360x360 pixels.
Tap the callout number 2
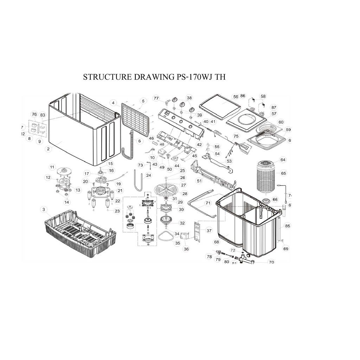[48, 149]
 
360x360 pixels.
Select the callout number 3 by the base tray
[44, 210]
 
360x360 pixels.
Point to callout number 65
[283, 173]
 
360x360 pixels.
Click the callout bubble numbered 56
[236, 97]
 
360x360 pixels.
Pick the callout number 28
[185, 194]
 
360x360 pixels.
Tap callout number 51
[199, 181]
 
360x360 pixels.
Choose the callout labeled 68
[217, 242]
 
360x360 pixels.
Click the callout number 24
[149, 175]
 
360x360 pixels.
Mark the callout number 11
[52, 167]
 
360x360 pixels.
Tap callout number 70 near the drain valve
[271, 262]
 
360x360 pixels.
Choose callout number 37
[209, 231]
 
